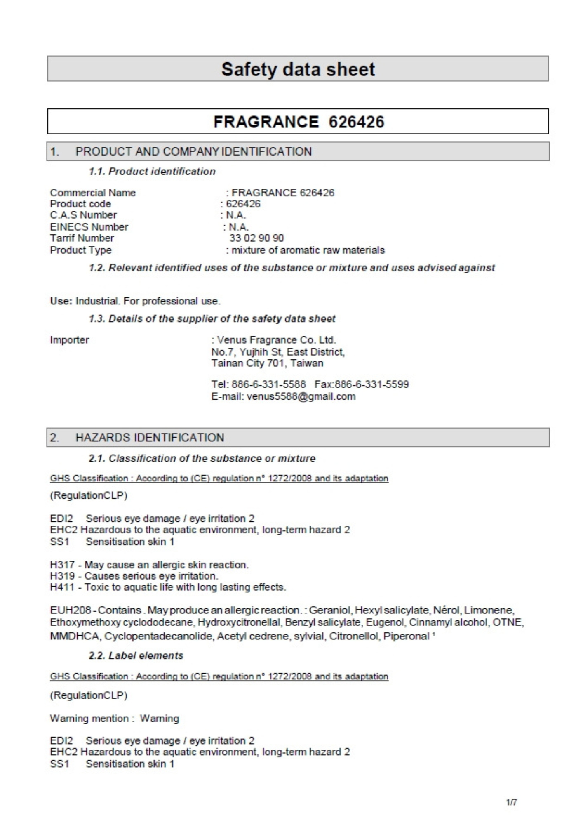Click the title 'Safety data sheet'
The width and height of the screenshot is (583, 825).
(298, 69)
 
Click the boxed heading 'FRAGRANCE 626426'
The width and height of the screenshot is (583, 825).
(299, 122)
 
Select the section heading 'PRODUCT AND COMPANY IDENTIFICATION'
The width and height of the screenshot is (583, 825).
(193, 152)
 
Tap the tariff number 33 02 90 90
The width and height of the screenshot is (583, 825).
(256, 238)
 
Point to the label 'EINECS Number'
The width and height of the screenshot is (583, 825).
(89, 227)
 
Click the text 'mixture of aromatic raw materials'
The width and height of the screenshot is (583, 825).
(308, 250)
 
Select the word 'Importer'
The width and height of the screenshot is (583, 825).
(69, 340)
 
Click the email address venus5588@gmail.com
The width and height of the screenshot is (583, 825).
(301, 397)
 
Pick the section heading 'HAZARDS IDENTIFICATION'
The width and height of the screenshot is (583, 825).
(150, 438)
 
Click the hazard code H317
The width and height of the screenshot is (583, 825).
(62, 565)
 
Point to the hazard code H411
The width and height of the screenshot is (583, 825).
(62, 587)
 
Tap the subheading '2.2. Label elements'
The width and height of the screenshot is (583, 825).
(136, 656)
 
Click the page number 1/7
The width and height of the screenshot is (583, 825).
(511, 802)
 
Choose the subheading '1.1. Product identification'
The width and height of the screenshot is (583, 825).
(152, 172)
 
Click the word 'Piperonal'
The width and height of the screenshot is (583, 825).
(406, 636)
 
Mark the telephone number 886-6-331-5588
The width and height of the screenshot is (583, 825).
(268, 384)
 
